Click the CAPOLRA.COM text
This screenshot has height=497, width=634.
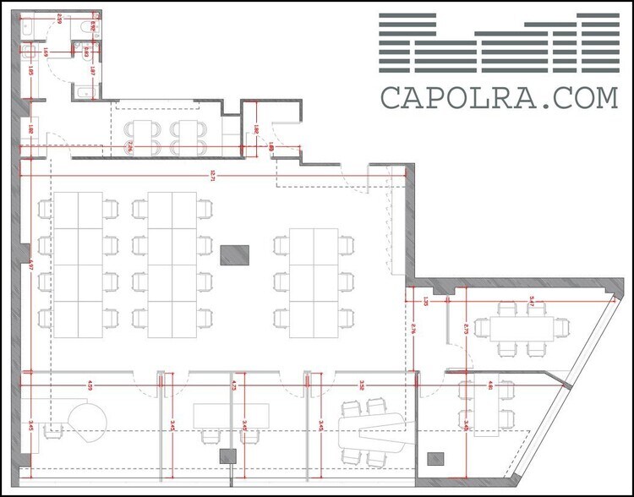point(499,97)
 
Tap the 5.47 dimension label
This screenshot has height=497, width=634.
point(531,299)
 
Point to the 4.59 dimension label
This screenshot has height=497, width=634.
point(90,385)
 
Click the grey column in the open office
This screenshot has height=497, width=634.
point(234,254)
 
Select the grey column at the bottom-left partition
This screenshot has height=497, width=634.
point(227,457)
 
